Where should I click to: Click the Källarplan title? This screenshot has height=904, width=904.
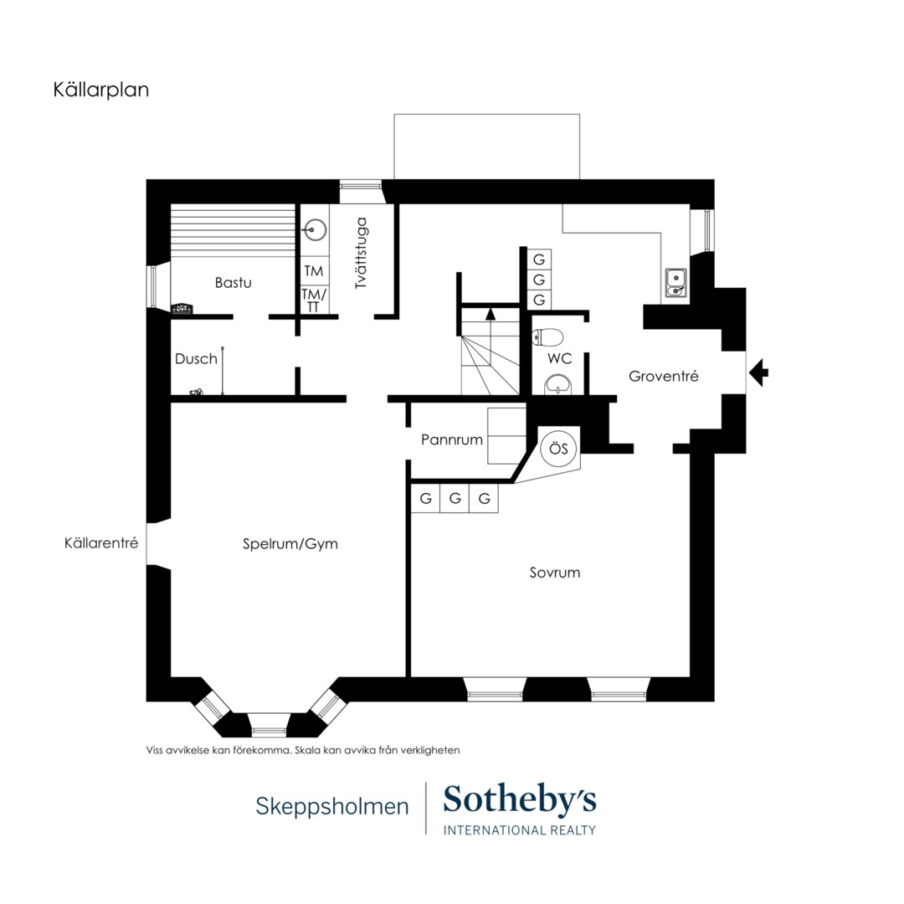tap(101, 90)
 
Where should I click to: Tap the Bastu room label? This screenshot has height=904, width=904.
tap(233, 283)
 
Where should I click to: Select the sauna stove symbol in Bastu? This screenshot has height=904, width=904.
tap(182, 308)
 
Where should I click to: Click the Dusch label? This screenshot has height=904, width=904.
tap(196, 358)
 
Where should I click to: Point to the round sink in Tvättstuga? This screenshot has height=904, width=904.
tap(314, 230)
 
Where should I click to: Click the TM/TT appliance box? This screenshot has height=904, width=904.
tap(314, 300)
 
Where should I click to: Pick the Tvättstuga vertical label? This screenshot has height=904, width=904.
tap(362, 253)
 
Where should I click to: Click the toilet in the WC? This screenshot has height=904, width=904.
tap(547, 336)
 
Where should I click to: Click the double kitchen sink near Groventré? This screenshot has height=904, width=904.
tap(675, 283)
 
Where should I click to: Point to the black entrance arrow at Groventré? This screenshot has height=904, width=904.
tap(758, 372)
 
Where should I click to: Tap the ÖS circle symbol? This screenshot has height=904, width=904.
tap(558, 448)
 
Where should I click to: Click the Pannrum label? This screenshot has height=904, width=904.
tap(451, 440)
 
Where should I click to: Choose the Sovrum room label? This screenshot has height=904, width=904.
tap(555, 573)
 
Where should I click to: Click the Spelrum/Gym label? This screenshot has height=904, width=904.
tap(290, 544)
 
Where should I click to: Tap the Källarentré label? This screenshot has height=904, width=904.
tap(101, 543)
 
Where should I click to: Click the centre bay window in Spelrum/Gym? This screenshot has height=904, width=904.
tap(269, 725)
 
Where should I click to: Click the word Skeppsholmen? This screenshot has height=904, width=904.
tap(332, 806)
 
